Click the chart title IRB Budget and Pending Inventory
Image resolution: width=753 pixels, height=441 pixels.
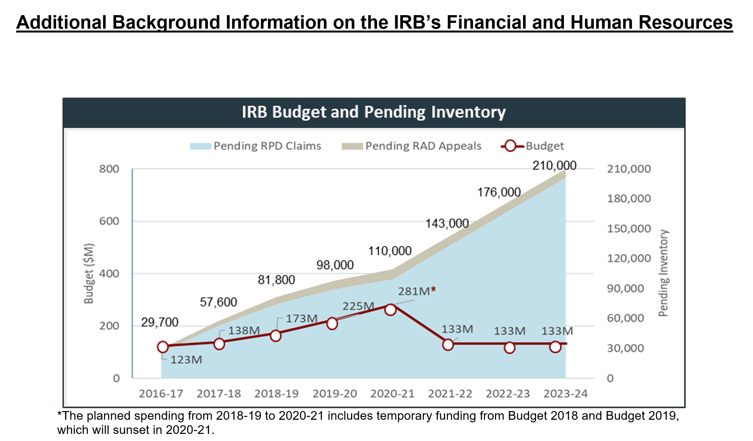tap(374, 112)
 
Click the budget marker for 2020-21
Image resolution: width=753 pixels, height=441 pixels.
tap(390, 310)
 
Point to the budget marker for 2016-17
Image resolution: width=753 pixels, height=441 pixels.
tap(163, 347)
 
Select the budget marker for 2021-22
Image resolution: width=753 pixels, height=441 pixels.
tap(448, 345)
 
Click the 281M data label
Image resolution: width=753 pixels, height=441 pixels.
tap(416, 291)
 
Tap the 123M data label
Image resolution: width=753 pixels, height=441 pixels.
tap(186, 360)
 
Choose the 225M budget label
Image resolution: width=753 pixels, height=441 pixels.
tap(358, 306)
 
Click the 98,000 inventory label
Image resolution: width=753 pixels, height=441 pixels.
tap(335, 265)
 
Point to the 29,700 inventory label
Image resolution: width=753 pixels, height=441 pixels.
tap(160, 322)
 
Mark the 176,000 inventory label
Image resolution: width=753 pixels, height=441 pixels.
tap(499, 192)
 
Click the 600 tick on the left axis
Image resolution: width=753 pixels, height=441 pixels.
tap(109, 221)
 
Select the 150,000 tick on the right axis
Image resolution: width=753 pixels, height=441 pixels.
tap(629, 229)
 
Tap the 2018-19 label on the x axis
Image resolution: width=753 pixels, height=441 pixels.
tap(277, 394)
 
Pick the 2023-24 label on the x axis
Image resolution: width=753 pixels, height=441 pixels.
tap(566, 394)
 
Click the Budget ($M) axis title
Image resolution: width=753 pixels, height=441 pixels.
tap(89, 273)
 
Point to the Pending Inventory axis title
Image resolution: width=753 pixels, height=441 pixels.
tap(663, 273)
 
